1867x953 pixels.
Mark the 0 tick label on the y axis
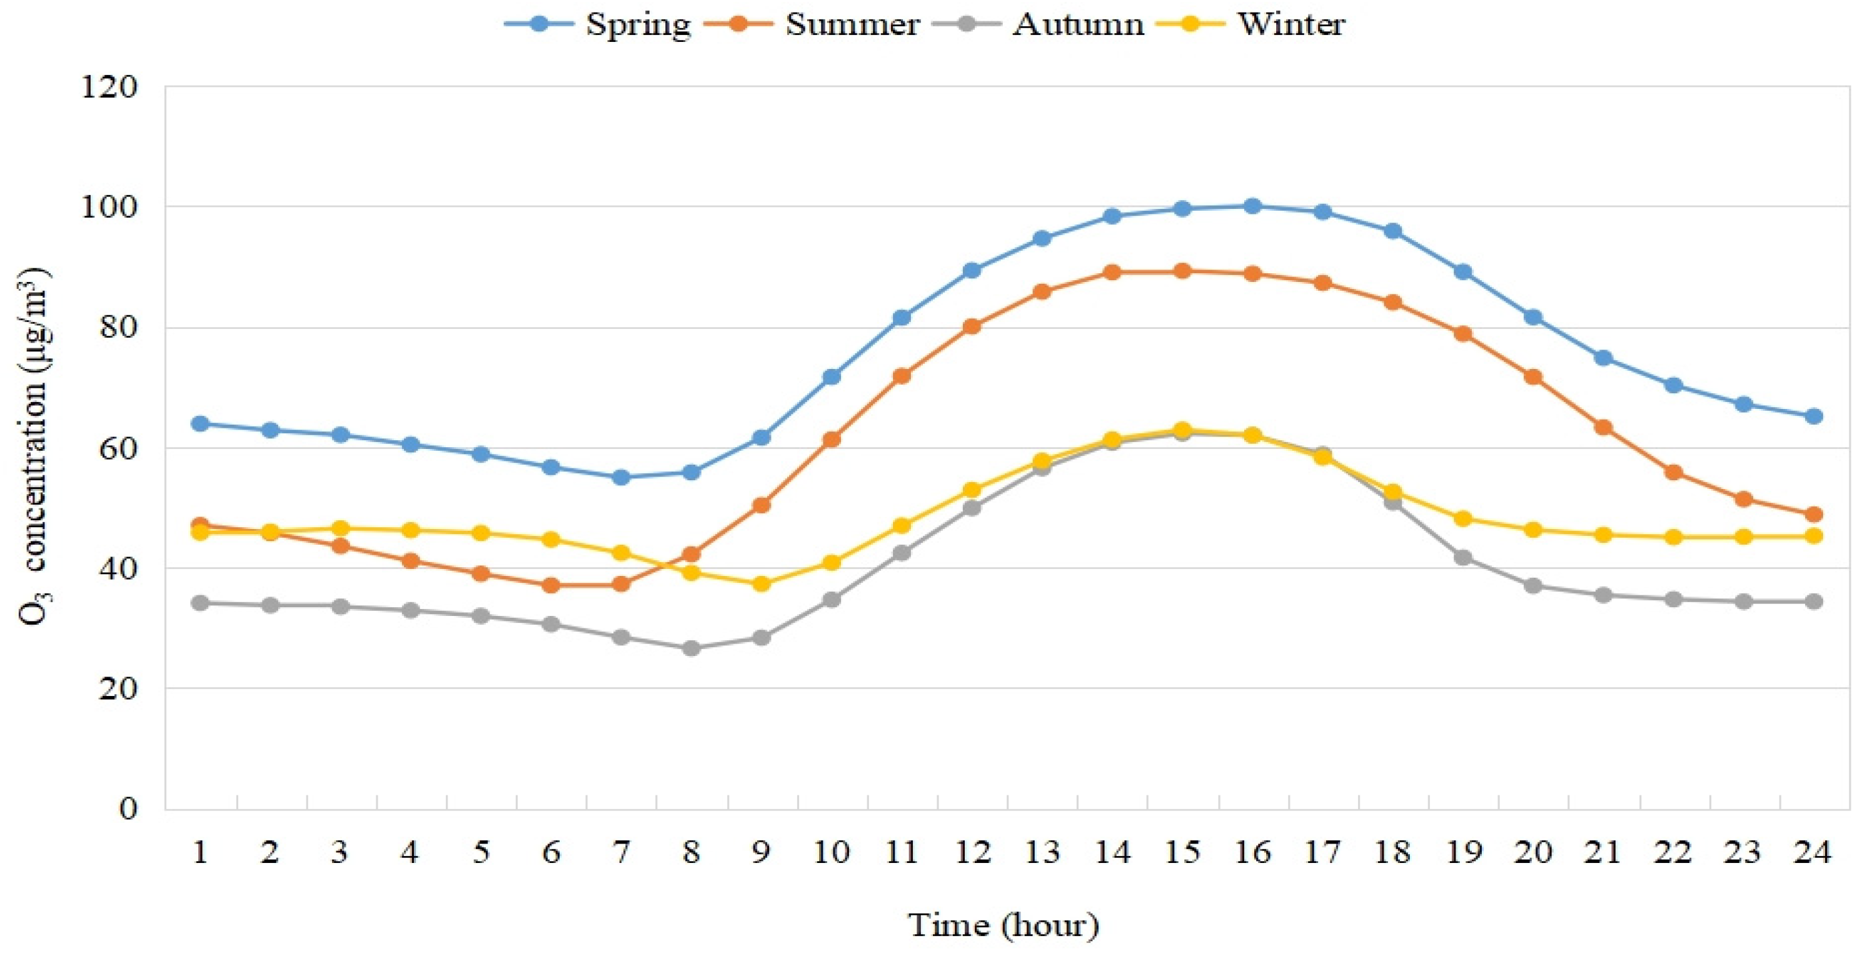pos(127,808)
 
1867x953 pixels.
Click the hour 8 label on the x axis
pos(691,852)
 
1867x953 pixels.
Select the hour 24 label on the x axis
pos(1813,852)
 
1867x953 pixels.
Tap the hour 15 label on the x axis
pos(1182,852)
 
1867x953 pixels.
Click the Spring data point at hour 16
pos(1252,206)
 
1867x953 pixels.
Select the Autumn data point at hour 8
pos(692,648)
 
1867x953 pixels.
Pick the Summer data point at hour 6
pos(551,585)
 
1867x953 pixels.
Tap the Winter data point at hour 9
pos(761,583)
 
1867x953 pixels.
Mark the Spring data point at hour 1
pos(200,424)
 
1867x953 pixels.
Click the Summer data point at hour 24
pos(1813,515)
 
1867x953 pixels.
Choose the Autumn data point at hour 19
pos(1462,557)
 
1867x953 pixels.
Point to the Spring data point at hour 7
pos(621,478)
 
